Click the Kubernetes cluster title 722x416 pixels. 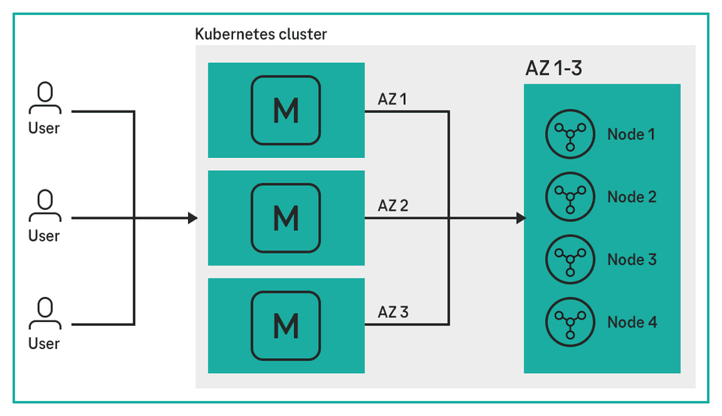pos(261,34)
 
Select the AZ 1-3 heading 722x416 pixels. pos(554,68)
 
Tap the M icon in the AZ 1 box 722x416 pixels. pos(286,111)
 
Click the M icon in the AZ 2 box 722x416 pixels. pos(286,218)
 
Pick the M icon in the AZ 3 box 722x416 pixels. pos(286,326)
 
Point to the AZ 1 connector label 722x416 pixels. pos(393,99)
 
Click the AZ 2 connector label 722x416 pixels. pos(393,205)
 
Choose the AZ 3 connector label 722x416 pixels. pos(393,312)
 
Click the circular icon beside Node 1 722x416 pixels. pos(569,135)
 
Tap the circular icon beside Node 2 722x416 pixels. pos(569,197)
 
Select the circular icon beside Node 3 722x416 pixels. pos(569,260)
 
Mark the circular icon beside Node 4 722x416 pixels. pos(569,322)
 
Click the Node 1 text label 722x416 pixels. pos(632,135)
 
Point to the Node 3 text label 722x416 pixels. pos(632,260)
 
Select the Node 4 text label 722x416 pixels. pos(632,322)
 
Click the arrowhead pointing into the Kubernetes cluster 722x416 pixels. pos(193,218)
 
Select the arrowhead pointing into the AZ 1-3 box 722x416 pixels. pos(520,218)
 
